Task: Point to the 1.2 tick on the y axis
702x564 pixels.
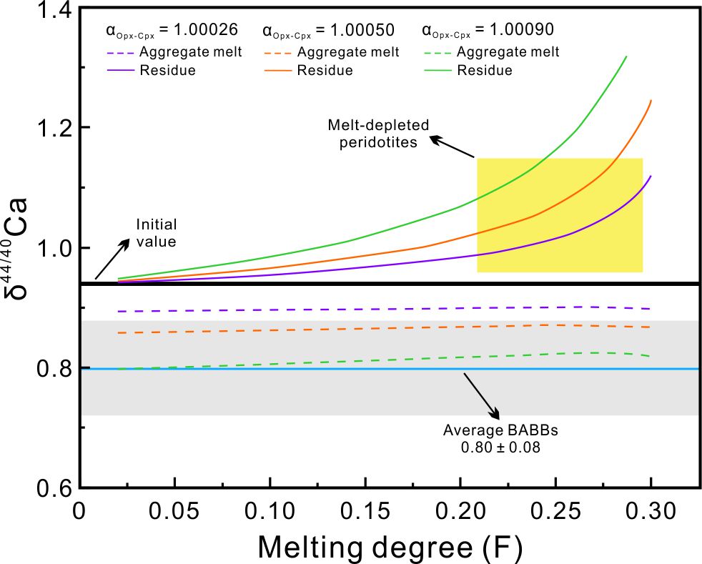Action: (x=54, y=128)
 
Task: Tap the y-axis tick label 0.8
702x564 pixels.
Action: (x=54, y=369)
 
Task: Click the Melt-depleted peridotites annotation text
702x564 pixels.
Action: (x=378, y=133)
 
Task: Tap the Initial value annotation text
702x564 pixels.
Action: (x=157, y=233)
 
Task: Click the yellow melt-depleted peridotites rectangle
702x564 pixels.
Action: (x=560, y=214)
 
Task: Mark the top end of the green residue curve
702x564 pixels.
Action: (x=626, y=56)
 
